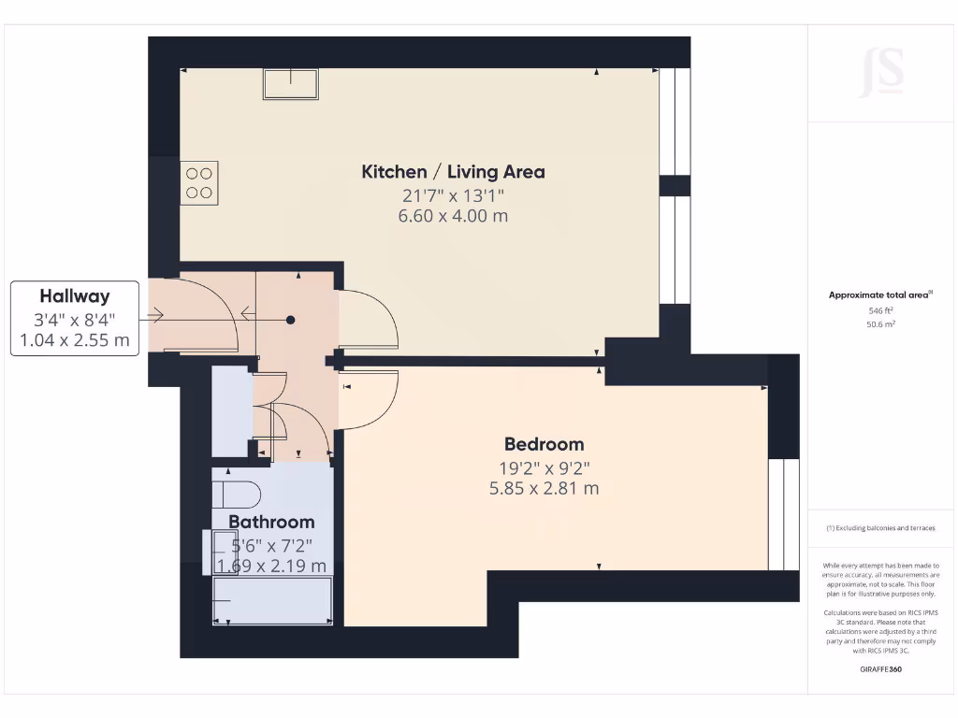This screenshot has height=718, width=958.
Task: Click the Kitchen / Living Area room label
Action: [453, 172]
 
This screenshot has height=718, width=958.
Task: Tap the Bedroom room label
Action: [544, 444]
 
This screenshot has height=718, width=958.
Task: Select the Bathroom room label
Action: [271, 522]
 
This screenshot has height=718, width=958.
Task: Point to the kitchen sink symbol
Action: [290, 84]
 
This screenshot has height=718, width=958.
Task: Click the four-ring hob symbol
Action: [198, 182]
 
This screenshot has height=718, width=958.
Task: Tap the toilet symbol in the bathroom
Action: [234, 494]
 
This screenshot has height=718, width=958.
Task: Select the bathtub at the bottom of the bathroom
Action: [272, 601]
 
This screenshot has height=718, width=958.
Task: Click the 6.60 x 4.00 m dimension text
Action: [453, 216]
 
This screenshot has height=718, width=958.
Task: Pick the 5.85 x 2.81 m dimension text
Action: [544, 488]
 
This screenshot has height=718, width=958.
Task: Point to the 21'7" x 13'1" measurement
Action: [453, 195]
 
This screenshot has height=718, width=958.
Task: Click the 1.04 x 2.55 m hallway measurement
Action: [75, 340]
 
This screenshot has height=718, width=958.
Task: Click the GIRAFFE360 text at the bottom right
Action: [880, 669]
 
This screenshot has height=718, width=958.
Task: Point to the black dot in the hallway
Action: [291, 321]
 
